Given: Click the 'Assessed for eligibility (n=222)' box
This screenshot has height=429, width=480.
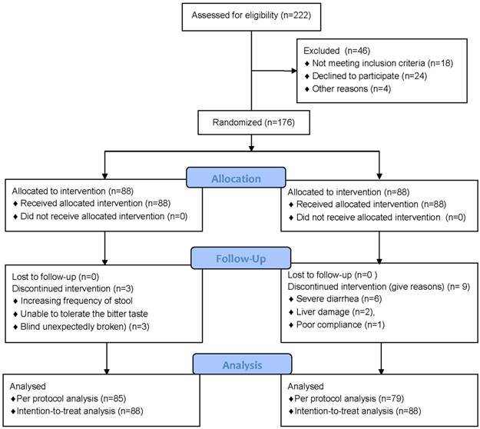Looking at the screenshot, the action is click(x=251, y=17).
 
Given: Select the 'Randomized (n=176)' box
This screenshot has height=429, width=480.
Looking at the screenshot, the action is click(x=253, y=122).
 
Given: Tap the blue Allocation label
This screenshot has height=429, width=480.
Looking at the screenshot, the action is click(x=236, y=178).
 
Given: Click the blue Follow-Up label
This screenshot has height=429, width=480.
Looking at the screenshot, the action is click(x=240, y=258).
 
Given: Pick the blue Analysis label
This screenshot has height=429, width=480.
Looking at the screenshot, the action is click(x=242, y=364).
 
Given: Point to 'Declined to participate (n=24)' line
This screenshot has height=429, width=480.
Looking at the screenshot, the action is click(x=369, y=76).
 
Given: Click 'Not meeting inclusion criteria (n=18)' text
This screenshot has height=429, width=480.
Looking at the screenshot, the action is click(x=382, y=63).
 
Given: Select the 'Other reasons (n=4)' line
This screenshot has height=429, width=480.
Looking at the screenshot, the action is click(x=352, y=89).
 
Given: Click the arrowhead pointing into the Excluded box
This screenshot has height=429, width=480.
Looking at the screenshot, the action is click(x=294, y=71).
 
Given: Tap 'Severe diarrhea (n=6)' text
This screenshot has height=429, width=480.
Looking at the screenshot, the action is click(x=339, y=299).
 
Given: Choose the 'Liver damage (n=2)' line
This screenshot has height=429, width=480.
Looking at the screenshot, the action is click(x=335, y=312).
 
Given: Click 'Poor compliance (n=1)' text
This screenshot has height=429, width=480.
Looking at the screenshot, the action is click(x=340, y=324).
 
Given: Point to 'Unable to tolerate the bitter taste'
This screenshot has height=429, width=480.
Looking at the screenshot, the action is click(x=84, y=314).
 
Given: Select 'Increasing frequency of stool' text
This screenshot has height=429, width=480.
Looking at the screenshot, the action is click(x=77, y=301).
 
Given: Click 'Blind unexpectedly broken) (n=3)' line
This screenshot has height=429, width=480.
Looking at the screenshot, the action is click(x=84, y=327).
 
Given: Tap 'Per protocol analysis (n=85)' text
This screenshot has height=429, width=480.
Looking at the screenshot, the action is click(x=71, y=399).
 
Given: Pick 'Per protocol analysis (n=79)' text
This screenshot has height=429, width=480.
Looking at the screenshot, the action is click(x=349, y=399).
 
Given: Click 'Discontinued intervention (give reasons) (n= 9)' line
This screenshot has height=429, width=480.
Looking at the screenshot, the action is click(x=379, y=287).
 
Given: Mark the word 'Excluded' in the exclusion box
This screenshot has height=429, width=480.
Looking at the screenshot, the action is click(x=322, y=51).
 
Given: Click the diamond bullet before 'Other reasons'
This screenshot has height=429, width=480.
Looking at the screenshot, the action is click(x=307, y=89).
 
